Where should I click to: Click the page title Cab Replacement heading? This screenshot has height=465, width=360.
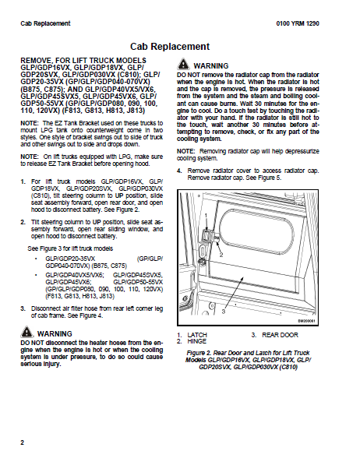tap(170, 47)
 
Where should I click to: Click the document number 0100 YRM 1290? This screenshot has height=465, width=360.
tap(298, 23)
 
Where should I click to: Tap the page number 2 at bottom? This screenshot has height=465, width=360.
tap(23, 442)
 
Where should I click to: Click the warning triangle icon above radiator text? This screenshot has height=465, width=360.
tap(183, 64)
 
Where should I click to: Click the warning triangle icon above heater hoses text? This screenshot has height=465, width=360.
tap(26, 332)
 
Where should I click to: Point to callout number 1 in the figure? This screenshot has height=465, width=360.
tap(206, 216)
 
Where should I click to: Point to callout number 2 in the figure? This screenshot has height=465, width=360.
tap(221, 255)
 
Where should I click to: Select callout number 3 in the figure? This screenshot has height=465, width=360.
tap(224, 312)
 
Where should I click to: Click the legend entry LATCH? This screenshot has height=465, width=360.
tap(197, 335)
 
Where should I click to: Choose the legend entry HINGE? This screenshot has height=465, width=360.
tap(197, 341)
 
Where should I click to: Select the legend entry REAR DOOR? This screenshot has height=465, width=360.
tap(280, 335)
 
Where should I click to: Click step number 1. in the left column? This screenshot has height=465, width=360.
tap(23, 181)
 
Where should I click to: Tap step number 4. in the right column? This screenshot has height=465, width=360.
tap(179, 171)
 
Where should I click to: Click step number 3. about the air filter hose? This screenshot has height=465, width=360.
tap(23, 308)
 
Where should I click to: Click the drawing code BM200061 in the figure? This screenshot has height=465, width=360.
tap(306, 321)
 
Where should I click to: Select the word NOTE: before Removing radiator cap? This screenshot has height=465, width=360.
tap(185, 151)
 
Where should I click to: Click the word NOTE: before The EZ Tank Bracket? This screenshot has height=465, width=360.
tap(30, 123)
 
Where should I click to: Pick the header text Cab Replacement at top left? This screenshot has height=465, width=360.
tap(45, 23)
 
